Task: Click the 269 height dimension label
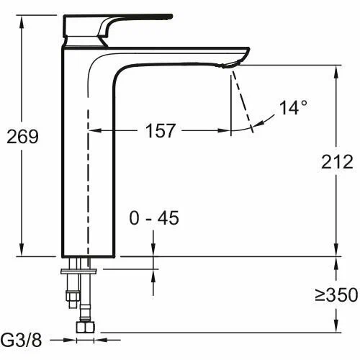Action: coord(21,135)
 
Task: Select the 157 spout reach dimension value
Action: coord(159,130)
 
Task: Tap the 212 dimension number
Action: coord(338,161)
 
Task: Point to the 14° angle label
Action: coord(294,108)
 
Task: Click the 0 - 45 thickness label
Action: coord(154,218)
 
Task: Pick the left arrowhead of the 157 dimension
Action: coord(94,131)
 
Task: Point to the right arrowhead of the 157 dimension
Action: coord(227,131)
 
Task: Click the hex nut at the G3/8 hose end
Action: coord(86,327)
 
